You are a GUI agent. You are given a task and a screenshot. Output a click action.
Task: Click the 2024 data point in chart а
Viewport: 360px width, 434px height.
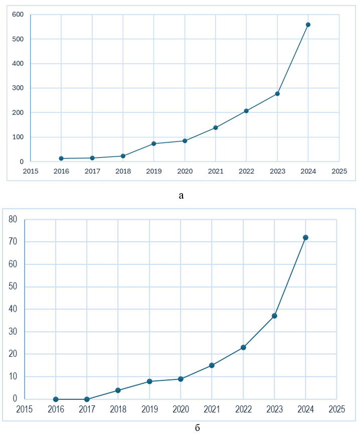(308, 25)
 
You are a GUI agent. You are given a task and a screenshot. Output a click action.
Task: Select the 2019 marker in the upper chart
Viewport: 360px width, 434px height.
(154, 143)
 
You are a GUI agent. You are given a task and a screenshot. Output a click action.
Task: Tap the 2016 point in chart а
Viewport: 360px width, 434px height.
(61, 159)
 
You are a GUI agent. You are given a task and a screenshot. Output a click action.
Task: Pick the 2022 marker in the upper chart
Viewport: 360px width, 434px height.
(246, 111)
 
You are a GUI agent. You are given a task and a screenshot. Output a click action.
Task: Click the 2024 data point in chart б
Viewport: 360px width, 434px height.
(305, 237)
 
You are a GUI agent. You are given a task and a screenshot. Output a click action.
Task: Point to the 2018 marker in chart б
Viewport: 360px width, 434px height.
(118, 390)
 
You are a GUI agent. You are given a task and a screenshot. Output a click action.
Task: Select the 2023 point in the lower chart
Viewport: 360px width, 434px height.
(274, 316)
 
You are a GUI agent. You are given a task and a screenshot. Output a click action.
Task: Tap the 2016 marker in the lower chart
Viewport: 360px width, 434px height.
(56, 399)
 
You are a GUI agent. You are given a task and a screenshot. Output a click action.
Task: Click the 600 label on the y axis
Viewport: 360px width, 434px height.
(18, 15)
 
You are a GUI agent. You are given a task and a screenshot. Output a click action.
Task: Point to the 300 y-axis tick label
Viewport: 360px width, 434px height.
(18, 88)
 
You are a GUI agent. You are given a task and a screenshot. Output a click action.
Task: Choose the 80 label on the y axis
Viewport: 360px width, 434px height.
(13, 219)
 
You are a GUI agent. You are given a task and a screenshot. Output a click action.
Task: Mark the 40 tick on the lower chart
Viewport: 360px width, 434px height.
(13, 309)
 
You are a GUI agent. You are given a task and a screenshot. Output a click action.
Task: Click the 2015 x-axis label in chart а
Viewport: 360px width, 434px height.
(31, 171)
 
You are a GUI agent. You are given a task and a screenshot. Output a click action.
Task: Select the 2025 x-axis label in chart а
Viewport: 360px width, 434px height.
(339, 171)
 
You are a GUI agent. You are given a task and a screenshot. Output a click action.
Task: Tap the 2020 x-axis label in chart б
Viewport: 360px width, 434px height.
(181, 409)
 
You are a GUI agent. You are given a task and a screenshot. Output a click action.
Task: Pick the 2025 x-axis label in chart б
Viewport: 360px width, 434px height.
(336, 409)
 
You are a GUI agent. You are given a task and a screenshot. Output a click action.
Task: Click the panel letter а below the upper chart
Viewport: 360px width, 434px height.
(181, 195)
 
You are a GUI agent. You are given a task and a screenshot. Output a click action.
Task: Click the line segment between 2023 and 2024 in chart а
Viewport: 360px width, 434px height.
(293, 59)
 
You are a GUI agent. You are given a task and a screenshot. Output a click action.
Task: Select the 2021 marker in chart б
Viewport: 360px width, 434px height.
(212, 365)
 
